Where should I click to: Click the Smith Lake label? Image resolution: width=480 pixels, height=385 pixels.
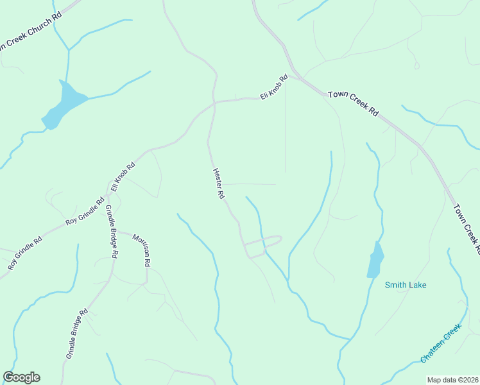point(406,285)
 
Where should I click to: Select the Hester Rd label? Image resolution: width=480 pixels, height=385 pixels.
point(218,183)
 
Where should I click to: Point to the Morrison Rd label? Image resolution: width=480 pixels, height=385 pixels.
point(142,250)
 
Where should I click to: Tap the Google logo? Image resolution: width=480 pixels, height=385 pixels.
point(21,377)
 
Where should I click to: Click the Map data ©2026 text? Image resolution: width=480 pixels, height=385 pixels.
point(452,379)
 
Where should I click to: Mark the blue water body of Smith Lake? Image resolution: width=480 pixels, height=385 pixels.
point(375,260)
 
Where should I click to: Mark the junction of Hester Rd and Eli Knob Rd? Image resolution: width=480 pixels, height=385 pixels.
point(214,103)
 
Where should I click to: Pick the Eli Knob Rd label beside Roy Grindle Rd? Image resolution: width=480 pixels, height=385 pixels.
point(123,176)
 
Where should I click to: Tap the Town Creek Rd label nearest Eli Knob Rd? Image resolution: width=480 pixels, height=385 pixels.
point(352,103)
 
